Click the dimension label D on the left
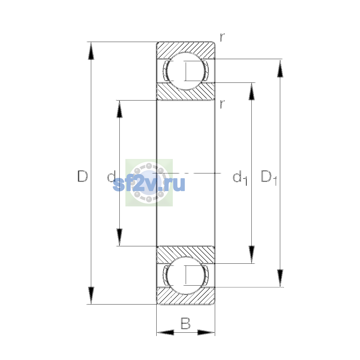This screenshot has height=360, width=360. pyautogui.click(x=82, y=176)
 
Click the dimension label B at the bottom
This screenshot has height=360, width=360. pyautogui.click(x=185, y=323)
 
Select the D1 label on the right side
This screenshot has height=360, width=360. pyautogui.click(x=269, y=178)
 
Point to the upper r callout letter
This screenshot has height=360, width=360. pyautogui.click(x=222, y=37)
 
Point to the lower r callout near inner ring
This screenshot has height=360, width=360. pyautogui.click(x=222, y=104)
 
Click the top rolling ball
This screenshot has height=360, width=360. pyautogui.click(x=185, y=71)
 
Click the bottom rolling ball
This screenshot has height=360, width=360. pyautogui.click(x=185, y=275)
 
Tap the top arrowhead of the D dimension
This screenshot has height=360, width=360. pyautogui.click(x=91, y=51)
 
